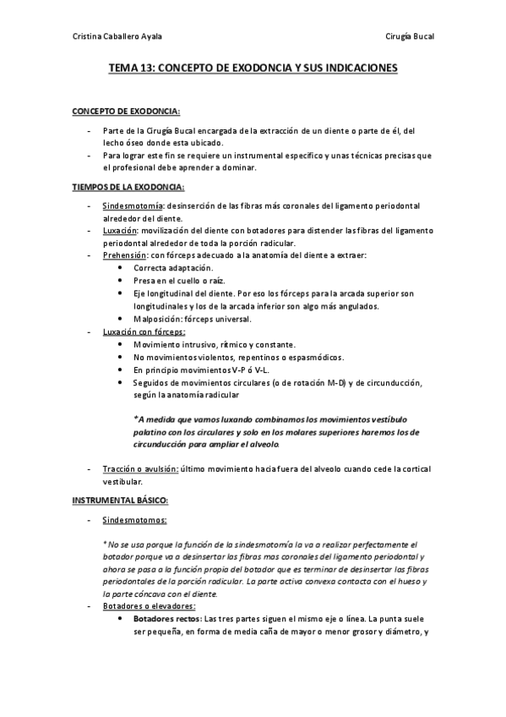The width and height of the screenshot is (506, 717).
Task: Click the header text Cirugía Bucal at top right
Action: [409, 36]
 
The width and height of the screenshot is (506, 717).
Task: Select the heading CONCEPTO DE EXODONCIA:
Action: [126, 111]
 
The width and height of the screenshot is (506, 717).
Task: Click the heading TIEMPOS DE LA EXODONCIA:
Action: [128, 186]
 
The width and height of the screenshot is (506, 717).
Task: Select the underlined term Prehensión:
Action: [124, 255]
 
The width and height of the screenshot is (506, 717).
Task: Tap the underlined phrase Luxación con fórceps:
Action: [144, 332]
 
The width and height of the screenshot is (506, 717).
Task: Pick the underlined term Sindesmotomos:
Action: [134, 521]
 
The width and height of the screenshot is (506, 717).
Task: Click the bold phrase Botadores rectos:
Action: [167, 618]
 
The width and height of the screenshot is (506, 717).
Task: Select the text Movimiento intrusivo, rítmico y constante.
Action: [215, 344]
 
